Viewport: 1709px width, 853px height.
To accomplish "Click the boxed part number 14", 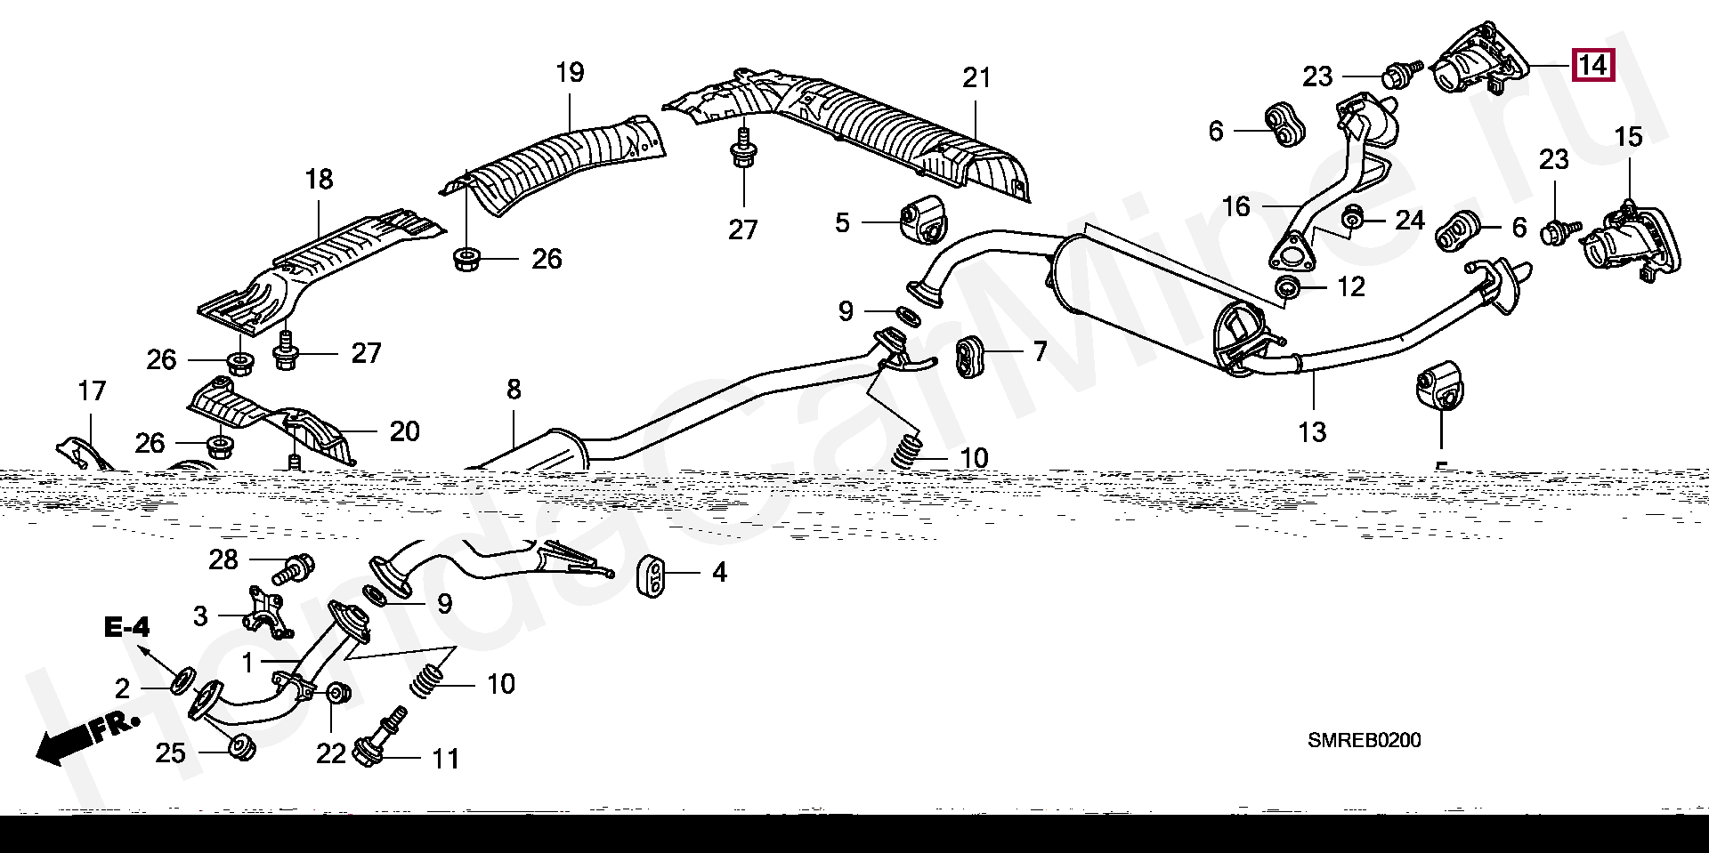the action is pos(1592,64).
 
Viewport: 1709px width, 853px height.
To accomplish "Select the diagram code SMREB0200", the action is pos(1364,740).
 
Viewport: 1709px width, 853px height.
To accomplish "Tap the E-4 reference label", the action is pos(127,628).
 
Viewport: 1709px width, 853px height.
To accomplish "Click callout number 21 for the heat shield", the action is pos(976,78).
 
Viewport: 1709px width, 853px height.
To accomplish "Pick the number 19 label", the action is pos(570,72).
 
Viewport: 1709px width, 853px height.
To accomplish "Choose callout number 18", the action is pos(319,179).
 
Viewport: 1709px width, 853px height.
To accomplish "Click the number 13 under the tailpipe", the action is pos(1312,432).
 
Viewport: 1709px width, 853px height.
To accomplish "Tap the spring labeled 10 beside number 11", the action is pos(429,680).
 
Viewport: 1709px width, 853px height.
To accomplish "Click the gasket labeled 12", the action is pos(1286,287).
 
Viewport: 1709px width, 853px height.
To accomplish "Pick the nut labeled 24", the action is pos(1353,218).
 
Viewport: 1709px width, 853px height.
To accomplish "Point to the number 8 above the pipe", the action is pos(514,389).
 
